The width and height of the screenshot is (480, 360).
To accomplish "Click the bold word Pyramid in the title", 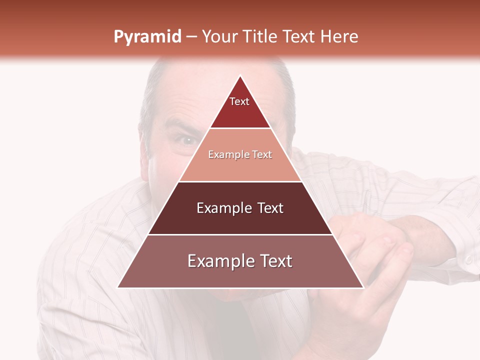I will click(147, 37).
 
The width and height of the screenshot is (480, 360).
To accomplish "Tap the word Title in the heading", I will click(261, 37).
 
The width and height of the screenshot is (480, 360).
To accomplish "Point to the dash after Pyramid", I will click(191, 37).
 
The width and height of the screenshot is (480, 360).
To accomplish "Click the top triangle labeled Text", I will click(240, 107).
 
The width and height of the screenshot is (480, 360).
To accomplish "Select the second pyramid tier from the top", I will click(240, 162).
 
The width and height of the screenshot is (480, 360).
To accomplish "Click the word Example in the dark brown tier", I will click(223, 208).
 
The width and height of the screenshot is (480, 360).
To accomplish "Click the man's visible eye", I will click(188, 140).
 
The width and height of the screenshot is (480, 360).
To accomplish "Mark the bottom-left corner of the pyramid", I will click(118, 287).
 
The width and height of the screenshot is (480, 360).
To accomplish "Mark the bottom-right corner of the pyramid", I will click(363, 287).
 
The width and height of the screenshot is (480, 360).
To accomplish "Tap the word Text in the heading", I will click(299, 37).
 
